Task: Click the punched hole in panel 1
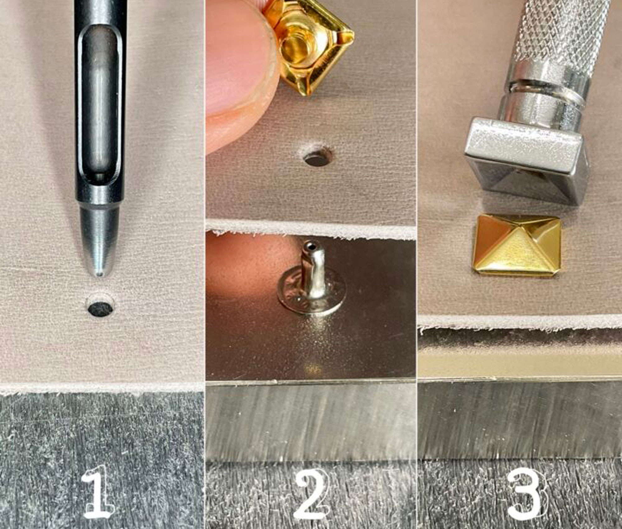(100, 308)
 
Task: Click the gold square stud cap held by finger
(309, 44)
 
